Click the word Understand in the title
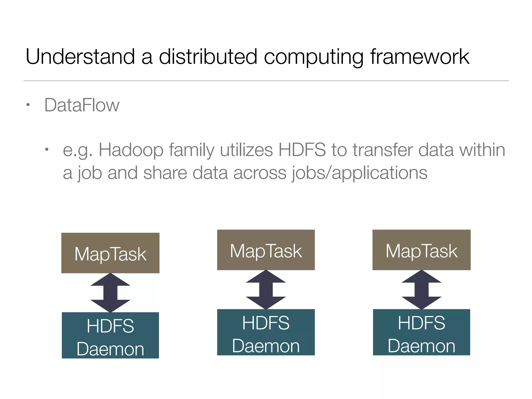pos(80,57)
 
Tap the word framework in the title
pos(420,57)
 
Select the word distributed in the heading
pos(208,57)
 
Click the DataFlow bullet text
pos(82,105)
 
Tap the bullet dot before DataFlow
pos(28,105)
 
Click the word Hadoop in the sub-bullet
pos(131,150)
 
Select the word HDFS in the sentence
pos(302,150)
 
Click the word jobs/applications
pos(360,173)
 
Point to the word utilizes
pos(246,150)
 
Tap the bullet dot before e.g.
pos(47,150)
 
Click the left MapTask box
pos(110,253)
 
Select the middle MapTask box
pos(266,250)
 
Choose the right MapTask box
pos(421,250)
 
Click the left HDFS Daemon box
pos(110,335)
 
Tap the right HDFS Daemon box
pos(421,332)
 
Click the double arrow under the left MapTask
pos(110,293)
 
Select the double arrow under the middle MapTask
pos(266,290)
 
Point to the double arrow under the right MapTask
pos(421,290)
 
